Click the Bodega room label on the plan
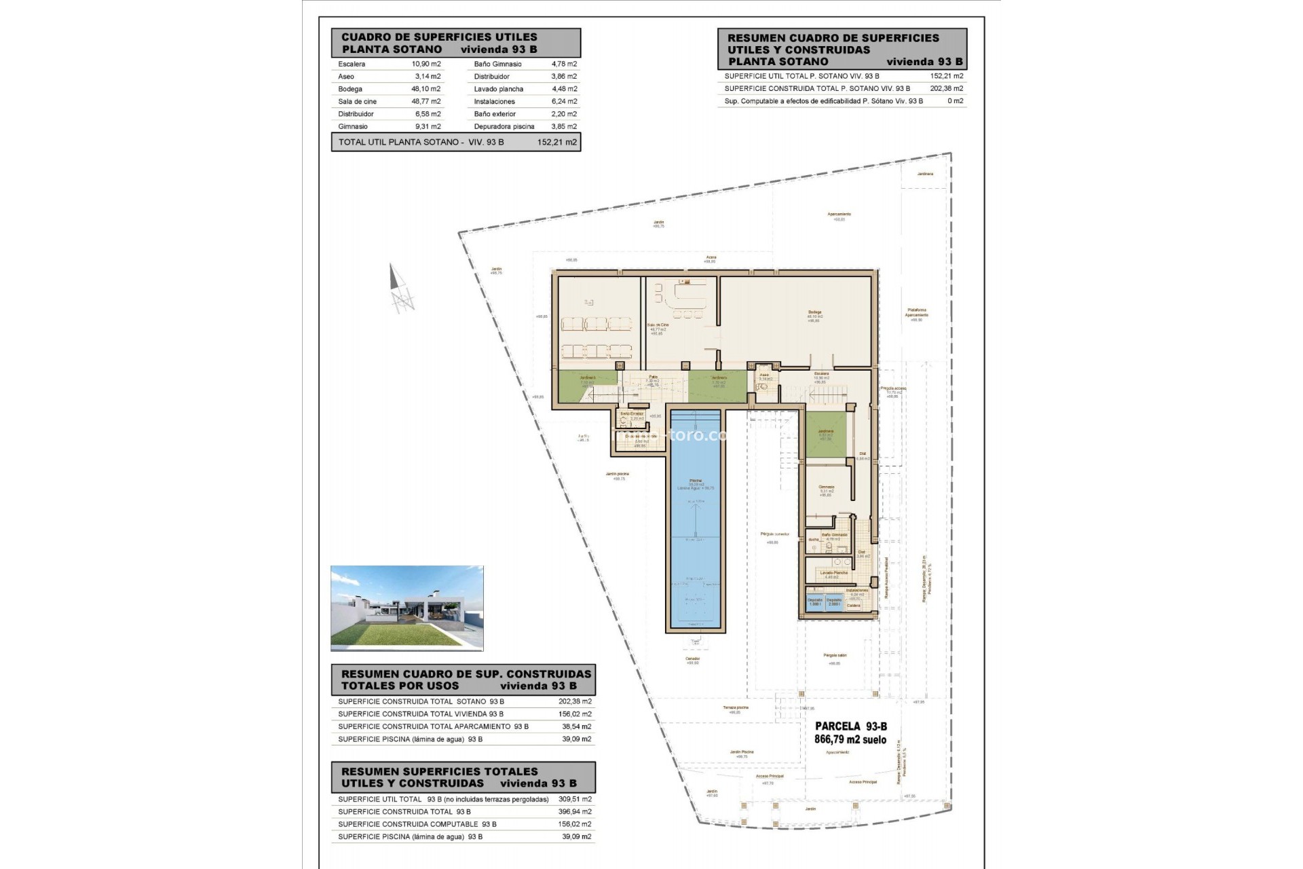(814, 313)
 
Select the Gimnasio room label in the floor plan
(826, 487)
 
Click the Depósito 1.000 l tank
(815, 602)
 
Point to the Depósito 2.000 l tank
(834, 602)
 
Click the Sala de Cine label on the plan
(657, 326)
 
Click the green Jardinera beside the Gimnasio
(825, 434)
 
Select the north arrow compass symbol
(400, 289)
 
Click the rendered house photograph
(407, 608)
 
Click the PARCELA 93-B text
(850, 726)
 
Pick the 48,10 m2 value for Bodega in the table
(426, 89)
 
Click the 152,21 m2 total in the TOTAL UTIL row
(556, 143)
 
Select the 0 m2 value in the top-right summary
(955, 101)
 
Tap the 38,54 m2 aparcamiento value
(576, 726)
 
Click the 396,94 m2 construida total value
(576, 812)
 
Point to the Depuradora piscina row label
(504, 127)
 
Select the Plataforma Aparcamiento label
(916, 313)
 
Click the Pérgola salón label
(834, 656)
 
